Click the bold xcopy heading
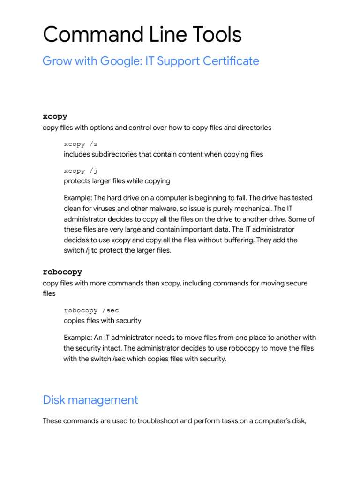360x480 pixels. (x=55, y=116)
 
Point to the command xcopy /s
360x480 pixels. (x=81, y=144)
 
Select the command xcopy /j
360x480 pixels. (x=81, y=171)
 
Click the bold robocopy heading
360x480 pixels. (x=62, y=272)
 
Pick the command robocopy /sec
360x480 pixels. (x=92, y=310)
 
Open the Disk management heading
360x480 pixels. (x=90, y=400)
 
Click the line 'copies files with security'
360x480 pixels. (x=102, y=321)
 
